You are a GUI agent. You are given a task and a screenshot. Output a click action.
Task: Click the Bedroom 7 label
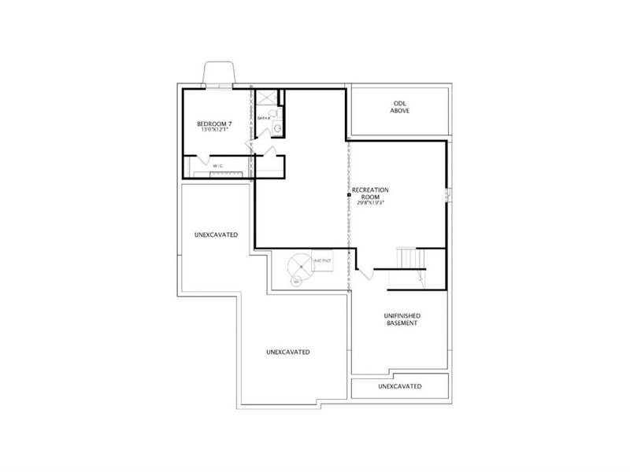click(x=213, y=124)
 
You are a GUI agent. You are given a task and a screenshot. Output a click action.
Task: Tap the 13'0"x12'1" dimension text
click(x=213, y=132)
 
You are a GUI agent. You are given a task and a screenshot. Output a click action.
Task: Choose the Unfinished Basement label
click(x=400, y=319)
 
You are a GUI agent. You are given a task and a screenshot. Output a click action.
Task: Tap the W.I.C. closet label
click(x=217, y=165)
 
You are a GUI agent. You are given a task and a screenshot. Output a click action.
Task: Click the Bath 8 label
click(x=263, y=119)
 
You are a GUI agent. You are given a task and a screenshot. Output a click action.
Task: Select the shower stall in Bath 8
click(x=268, y=98)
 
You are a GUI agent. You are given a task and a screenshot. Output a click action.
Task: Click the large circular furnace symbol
click(x=299, y=266)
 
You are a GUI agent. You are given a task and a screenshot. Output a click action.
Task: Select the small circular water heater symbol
click(x=296, y=281)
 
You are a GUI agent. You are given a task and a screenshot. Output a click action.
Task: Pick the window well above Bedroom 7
click(x=217, y=73)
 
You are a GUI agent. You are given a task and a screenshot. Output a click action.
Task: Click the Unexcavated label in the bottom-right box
click(x=399, y=386)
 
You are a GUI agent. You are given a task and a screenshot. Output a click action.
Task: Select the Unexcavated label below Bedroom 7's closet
click(x=216, y=235)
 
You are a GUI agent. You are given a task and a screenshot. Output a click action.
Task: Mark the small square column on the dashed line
click(x=347, y=194)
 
